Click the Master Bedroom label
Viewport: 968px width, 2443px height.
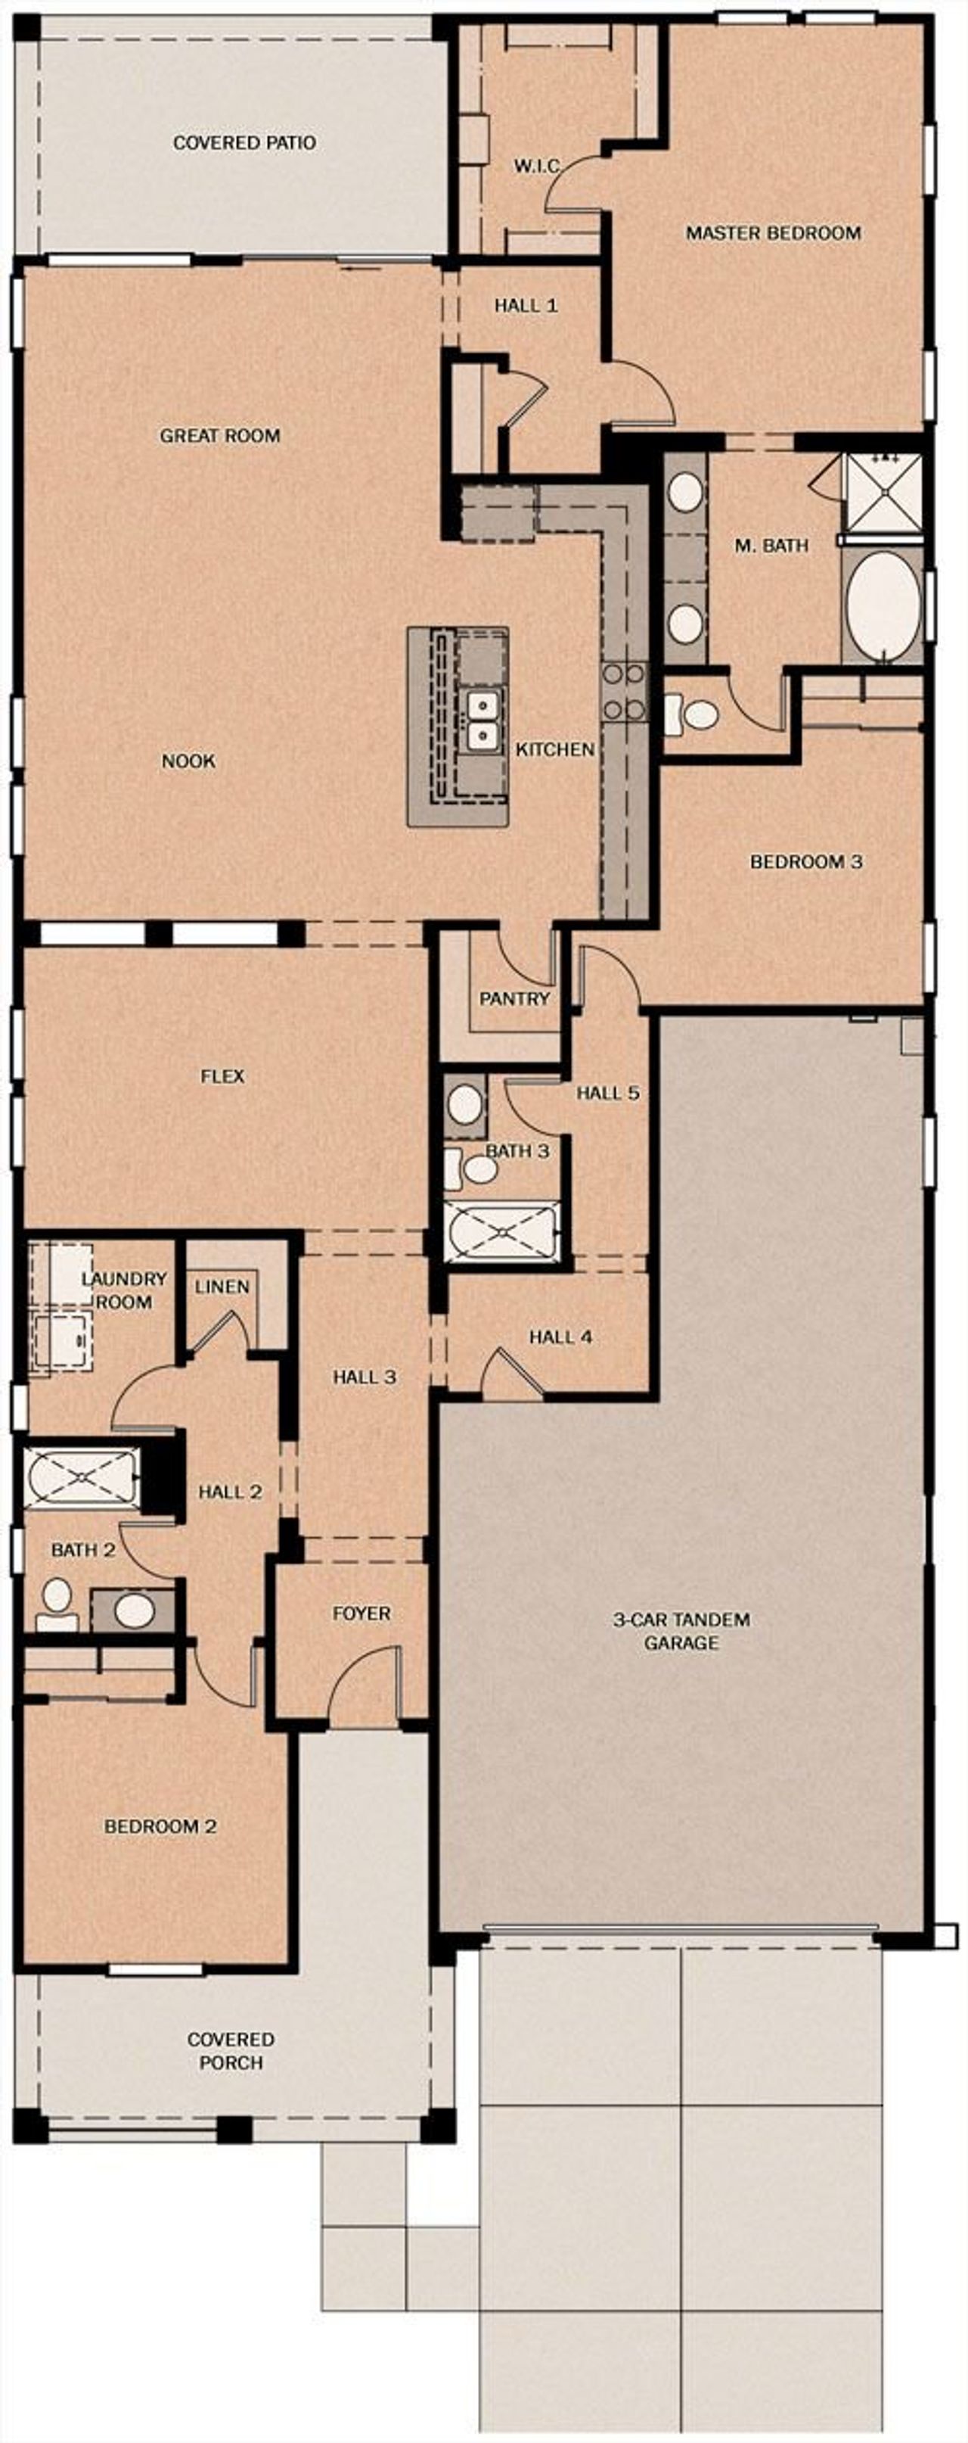(x=773, y=232)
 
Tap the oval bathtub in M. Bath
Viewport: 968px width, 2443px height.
(x=883, y=607)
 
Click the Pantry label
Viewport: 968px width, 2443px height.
(x=513, y=999)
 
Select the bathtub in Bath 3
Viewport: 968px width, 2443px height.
(x=501, y=1231)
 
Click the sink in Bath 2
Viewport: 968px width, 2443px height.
(x=135, y=1610)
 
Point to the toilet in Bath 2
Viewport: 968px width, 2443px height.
(x=57, y=1604)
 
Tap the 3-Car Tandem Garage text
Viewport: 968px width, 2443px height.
(x=681, y=1630)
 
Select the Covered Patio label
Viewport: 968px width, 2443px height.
(x=244, y=143)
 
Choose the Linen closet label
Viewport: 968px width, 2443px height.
(x=222, y=1287)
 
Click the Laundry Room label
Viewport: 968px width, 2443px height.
(x=123, y=1290)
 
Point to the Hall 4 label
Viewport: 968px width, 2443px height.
(x=560, y=1337)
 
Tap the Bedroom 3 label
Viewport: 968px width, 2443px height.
(x=806, y=862)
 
